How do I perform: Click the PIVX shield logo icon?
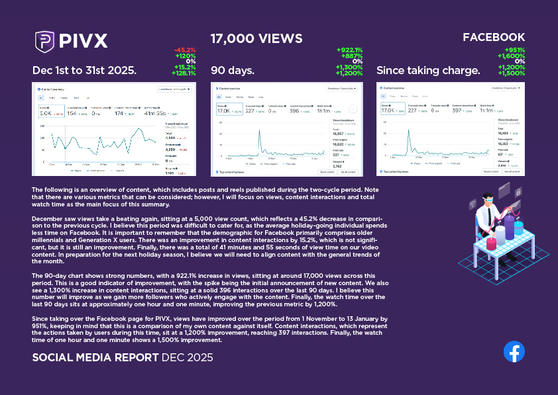pyautogui.click(x=44, y=41)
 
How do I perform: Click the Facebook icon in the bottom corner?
pyautogui.click(x=514, y=351)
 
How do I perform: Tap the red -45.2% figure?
pyautogui.click(x=185, y=50)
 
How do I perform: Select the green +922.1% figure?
pyautogui.click(x=350, y=50)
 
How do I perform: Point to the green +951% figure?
pyautogui.click(x=514, y=50)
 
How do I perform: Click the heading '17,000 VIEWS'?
pyautogui.click(x=256, y=39)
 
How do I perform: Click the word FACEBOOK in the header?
pyautogui.click(x=493, y=38)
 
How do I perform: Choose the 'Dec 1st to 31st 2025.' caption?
pyautogui.click(x=84, y=71)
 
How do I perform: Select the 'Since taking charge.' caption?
pyautogui.click(x=428, y=71)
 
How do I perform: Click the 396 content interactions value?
pyautogui.click(x=294, y=110)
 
